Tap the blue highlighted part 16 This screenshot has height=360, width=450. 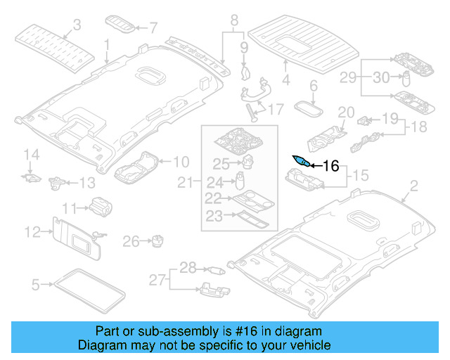pos(300,161)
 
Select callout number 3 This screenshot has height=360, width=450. pos(77,25)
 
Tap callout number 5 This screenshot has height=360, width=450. pos(36,285)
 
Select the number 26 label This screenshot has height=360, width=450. pos(131,242)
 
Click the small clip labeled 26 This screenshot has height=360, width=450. pos(157,241)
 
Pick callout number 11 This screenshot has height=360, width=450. pos(70,207)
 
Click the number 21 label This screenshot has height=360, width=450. pos(184,184)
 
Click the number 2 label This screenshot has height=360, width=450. pos(413,186)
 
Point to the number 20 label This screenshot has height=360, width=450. pos(346,112)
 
